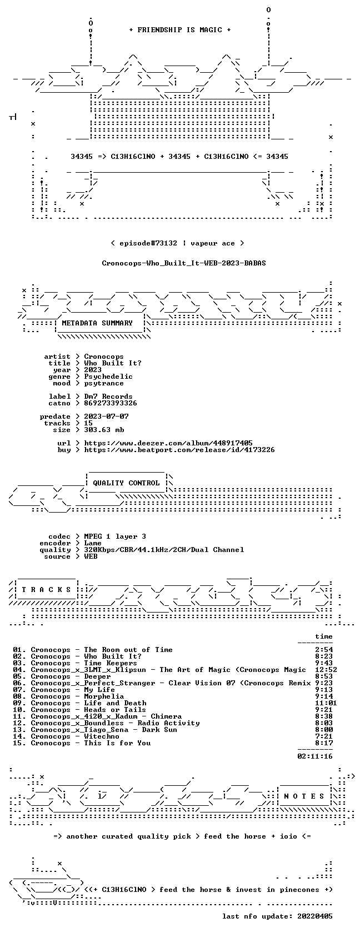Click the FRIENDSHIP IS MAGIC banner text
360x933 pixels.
coord(180,30)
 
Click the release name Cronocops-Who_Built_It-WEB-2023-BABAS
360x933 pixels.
coord(184,263)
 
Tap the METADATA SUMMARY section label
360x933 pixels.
coord(97,323)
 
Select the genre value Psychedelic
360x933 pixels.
coord(108,377)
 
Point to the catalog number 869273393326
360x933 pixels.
coord(111,403)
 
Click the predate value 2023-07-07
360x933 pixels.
coord(106,417)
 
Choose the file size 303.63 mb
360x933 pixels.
coord(104,430)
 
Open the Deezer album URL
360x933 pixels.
coord(168,443)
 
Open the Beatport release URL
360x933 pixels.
coord(179,450)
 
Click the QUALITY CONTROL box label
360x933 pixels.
coord(126,483)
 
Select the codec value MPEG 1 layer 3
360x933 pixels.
coord(115,536)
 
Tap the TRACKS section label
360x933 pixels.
coord(46,590)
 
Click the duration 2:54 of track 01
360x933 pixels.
coord(324,650)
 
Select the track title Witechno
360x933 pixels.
coord(102,736)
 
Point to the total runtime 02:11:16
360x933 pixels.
coord(315,756)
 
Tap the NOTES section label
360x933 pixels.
coord(304,796)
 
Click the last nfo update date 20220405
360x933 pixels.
coord(315,916)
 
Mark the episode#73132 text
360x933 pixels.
coord(148,243)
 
